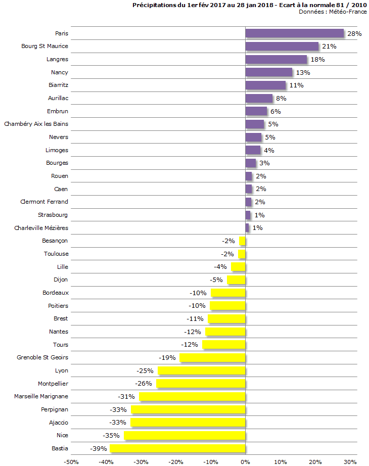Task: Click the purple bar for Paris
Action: (x=294, y=33)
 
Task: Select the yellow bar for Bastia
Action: (x=177, y=448)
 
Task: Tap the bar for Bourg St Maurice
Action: (x=282, y=46)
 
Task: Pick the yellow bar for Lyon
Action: (x=201, y=370)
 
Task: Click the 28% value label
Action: (x=354, y=33)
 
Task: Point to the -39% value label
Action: (x=98, y=448)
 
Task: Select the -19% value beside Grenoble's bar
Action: (x=167, y=357)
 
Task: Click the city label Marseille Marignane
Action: (x=41, y=396)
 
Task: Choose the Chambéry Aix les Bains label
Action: (x=36, y=124)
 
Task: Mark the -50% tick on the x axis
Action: (x=71, y=461)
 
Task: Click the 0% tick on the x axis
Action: (x=245, y=461)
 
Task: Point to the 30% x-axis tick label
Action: (x=350, y=461)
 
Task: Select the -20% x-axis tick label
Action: (x=175, y=461)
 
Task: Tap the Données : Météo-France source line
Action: (x=333, y=12)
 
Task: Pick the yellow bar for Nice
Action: (x=184, y=435)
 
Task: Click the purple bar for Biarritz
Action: (x=265, y=85)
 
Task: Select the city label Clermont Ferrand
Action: (x=44, y=202)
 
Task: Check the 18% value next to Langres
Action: (x=317, y=60)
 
